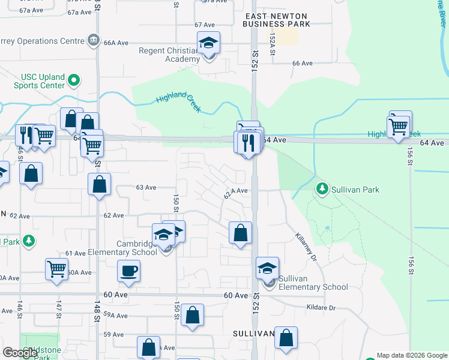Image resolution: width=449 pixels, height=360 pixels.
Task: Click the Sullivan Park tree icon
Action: click(x=322, y=190)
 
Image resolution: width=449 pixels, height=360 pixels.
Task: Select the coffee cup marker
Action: click(x=128, y=271)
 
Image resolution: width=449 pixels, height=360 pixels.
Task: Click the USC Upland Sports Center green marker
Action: click(x=74, y=80)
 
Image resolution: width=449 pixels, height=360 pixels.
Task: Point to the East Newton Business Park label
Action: click(x=276, y=20)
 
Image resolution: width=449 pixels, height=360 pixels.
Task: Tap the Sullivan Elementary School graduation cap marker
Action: click(x=267, y=268)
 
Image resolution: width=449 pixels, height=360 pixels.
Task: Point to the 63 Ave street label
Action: click(x=146, y=187)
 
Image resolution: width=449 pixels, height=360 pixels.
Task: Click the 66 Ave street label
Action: click(x=303, y=63)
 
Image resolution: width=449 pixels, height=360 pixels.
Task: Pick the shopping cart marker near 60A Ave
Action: click(x=56, y=269)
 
